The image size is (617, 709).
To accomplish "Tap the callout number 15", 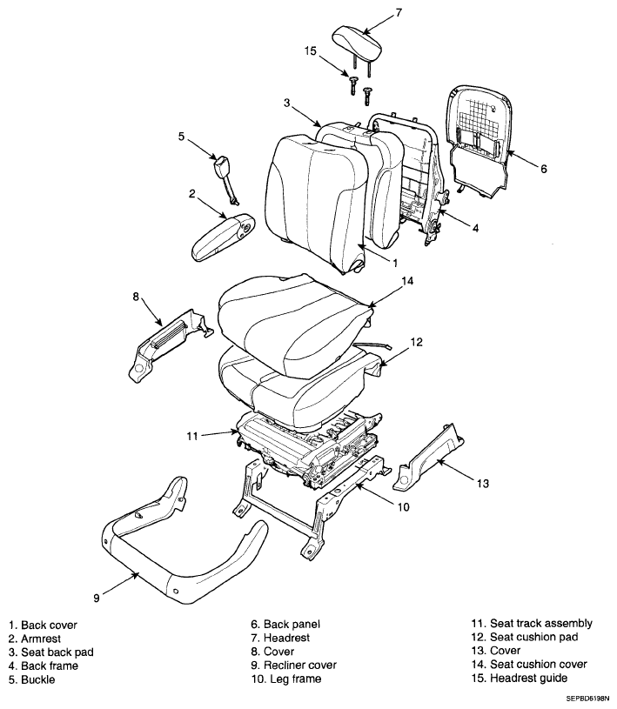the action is pos(311,50).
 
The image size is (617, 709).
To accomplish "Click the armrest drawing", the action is pos(223,237).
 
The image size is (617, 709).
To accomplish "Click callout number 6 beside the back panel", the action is pos(543,169).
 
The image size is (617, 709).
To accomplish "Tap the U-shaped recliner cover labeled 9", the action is pos(181,547).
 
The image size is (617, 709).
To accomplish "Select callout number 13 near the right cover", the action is pos(483,484).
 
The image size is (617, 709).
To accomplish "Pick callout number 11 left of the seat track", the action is pos(192,437).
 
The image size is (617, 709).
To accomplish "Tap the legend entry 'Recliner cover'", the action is pos(300,666).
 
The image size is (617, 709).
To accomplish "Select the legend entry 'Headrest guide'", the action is pos(529,678).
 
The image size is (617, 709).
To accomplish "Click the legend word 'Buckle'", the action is pos(38,679).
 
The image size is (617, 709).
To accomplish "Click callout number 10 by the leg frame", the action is pos(403,507).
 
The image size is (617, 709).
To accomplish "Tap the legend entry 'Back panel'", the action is pos(292,625).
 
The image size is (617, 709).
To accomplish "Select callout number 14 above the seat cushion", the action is pos(407,281).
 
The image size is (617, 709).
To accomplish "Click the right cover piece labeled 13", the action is pos(428,457).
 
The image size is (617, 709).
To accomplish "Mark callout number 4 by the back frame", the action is pos(475,228).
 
